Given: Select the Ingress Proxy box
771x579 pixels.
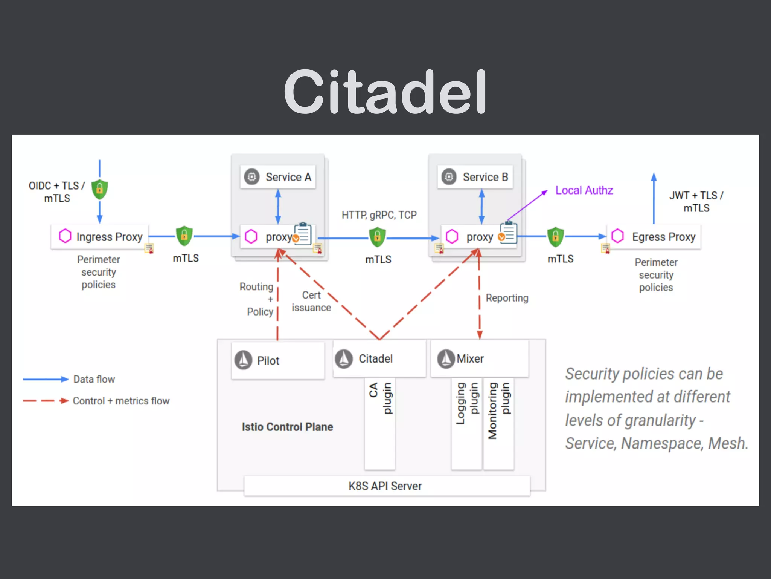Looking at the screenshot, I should click(x=100, y=237).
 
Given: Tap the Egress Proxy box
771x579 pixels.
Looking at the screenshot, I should click(x=654, y=237).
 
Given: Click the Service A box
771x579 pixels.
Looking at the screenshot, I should click(x=278, y=177).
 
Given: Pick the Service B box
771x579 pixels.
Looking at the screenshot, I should click(x=475, y=177).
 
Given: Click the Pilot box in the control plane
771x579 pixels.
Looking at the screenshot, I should click(x=278, y=360).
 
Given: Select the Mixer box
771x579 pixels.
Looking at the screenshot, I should click(x=479, y=358).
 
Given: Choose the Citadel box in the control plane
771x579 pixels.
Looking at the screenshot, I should click(x=379, y=358).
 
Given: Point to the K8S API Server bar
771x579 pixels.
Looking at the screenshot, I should click(x=387, y=486).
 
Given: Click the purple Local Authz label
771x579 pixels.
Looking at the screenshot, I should click(x=584, y=190).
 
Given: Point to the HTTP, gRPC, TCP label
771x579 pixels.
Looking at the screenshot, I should click(x=379, y=215).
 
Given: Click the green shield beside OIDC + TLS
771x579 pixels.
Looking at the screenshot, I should click(x=100, y=189).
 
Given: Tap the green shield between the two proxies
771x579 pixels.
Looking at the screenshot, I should click(x=377, y=237).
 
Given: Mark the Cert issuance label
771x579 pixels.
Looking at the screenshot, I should click(x=311, y=301).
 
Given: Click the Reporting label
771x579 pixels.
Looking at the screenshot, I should click(x=507, y=298).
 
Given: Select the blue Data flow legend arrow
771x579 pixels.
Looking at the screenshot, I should click(x=45, y=379).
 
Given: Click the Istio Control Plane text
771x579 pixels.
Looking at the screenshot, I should click(x=287, y=427).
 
